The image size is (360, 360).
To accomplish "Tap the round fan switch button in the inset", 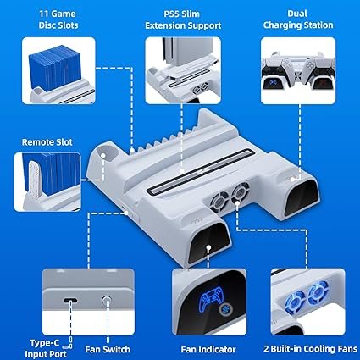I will click(107, 302).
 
